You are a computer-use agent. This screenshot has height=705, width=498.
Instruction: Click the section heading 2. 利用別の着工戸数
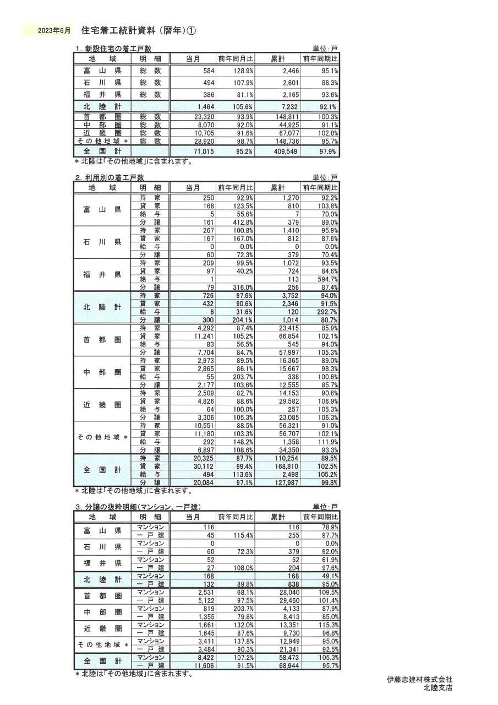click(x=110, y=177)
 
